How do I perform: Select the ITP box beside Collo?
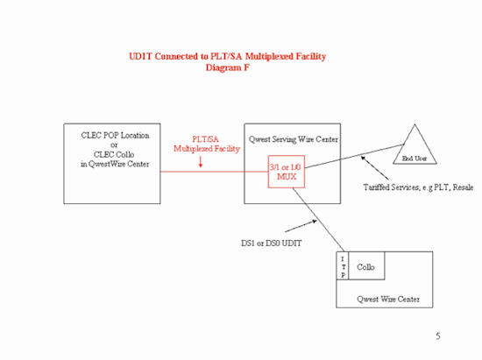pyautogui.click(x=343, y=265)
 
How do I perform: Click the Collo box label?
pyautogui.click(x=365, y=267)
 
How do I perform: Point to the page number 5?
pyautogui.click(x=438, y=336)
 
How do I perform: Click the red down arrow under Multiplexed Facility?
pyautogui.click(x=201, y=161)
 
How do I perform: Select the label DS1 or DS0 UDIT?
pyautogui.click(x=271, y=244)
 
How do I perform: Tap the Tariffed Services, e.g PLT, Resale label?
pyautogui.click(x=418, y=187)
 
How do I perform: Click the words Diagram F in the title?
pyautogui.click(x=228, y=67)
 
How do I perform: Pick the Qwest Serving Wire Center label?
pyautogui.click(x=294, y=139)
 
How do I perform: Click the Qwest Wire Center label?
pyautogui.click(x=388, y=300)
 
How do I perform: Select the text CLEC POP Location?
pyautogui.click(x=115, y=136)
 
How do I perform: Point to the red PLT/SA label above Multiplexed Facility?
pyautogui.click(x=205, y=139)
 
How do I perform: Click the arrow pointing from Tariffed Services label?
pyautogui.click(x=375, y=167)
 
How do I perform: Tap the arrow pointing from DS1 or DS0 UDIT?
pyautogui.click(x=301, y=226)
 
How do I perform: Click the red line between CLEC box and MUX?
pyautogui.click(x=214, y=172)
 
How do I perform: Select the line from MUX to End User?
pyautogui.click(x=355, y=156)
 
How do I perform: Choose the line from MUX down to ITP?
pyautogui.click(x=318, y=220)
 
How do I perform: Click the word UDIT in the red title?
pyautogui.click(x=140, y=57)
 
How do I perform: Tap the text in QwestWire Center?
pyautogui.click(x=115, y=164)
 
